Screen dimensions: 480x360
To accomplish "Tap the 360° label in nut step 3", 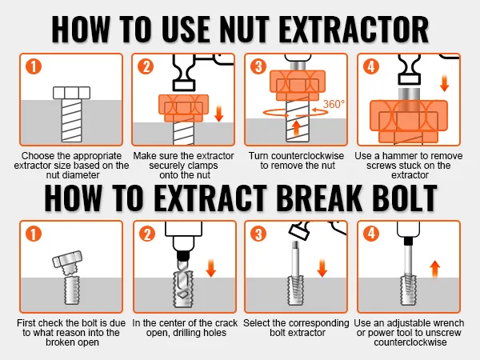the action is pos(334,104).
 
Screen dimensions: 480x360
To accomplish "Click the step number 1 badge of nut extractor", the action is pos(34,66).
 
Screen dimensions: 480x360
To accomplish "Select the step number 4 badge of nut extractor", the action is pos(371,66).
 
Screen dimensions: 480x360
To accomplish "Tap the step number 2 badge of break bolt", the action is pos(147,234).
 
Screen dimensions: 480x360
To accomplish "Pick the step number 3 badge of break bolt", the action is pos(258,234).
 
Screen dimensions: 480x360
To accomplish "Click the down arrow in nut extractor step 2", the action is pos(219,114).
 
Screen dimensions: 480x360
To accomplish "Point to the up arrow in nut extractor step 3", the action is pos(296,128).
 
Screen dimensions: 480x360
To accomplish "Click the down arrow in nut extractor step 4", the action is pos(444,83).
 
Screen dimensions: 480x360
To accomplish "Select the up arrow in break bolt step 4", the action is pos(434,269).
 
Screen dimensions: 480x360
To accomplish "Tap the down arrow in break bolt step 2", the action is pos(211,268).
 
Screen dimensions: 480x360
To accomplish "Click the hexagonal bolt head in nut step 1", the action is pos(72,93).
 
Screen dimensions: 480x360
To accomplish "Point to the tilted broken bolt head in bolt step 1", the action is pos(67,259).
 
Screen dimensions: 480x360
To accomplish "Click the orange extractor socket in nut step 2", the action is pos(184,108).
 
